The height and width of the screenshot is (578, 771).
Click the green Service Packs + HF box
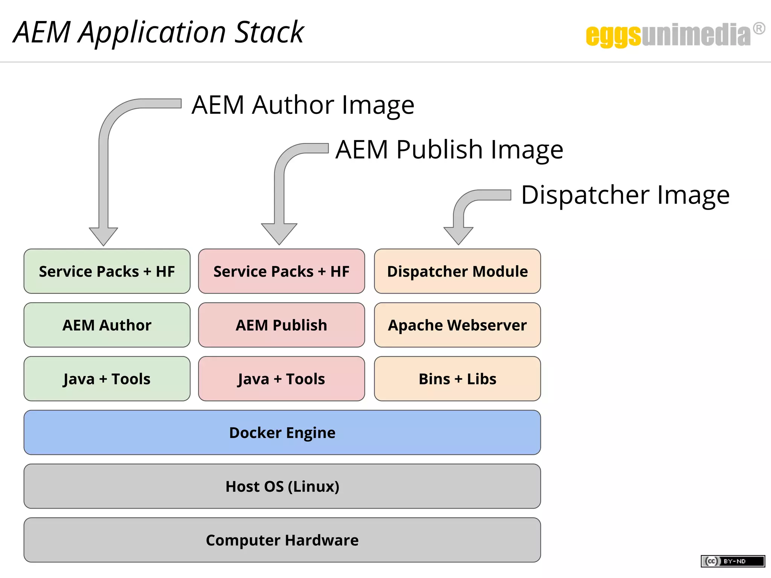pyautogui.click(x=107, y=271)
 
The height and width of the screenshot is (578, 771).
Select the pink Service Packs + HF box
pyautogui.click(x=281, y=271)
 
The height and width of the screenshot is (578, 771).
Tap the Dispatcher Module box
pyautogui.click(x=457, y=271)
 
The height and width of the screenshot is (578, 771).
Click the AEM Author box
pyautogui.click(x=107, y=325)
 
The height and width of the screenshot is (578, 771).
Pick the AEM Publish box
pyautogui.click(x=281, y=325)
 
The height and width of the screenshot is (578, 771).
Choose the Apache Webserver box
pyautogui.click(x=457, y=325)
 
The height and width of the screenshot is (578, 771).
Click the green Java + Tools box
pyautogui.click(x=107, y=379)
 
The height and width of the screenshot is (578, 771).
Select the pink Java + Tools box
pyautogui.click(x=281, y=379)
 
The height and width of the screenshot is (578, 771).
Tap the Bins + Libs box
pyautogui.click(x=457, y=379)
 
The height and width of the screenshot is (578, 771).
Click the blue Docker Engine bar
pyautogui.click(x=282, y=432)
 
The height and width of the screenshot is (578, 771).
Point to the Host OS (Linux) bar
pyautogui.click(x=282, y=486)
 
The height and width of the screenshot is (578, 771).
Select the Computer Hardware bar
pyautogui.click(x=282, y=540)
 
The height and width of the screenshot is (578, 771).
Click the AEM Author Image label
pyautogui.click(x=303, y=105)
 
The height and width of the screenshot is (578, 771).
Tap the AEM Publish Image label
pyautogui.click(x=449, y=150)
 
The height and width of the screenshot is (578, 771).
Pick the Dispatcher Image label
pyautogui.click(x=625, y=195)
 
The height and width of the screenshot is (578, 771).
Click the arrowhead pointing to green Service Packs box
pyautogui.click(x=104, y=236)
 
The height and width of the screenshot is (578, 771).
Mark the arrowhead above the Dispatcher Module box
pyautogui.click(x=458, y=235)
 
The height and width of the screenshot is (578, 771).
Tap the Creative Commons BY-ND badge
pyautogui.click(x=733, y=561)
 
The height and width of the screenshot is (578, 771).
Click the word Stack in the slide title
pyautogui.click(x=269, y=32)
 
